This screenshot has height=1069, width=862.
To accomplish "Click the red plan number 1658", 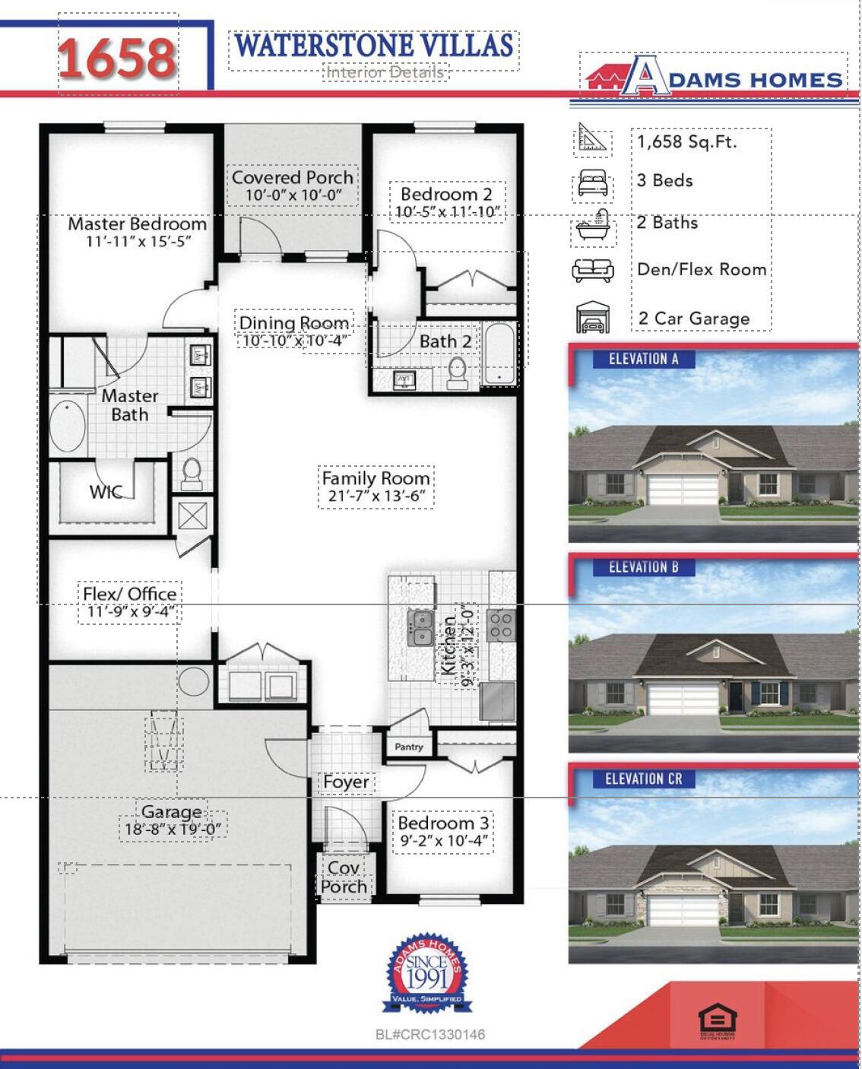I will [x=118, y=58].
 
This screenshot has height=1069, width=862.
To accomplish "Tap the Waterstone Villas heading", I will [x=373, y=46].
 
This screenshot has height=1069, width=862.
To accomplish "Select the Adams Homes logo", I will [x=713, y=78].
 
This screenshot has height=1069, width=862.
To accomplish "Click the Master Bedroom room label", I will [x=137, y=224].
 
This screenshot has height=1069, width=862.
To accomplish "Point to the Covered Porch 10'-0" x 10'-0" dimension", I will [x=293, y=195].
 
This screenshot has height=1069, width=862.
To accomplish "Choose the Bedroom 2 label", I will [x=446, y=195].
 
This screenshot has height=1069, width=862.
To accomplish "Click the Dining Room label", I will [x=294, y=323].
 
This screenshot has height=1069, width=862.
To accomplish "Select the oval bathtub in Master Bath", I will [x=68, y=426].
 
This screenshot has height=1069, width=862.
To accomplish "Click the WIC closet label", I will [x=106, y=492].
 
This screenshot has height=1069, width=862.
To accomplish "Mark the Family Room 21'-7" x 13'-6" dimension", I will [x=376, y=496].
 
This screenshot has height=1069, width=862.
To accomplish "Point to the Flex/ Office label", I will [x=130, y=594].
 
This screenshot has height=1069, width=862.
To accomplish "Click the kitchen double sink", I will [x=420, y=629].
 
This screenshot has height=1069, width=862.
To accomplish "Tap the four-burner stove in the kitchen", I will [x=500, y=625].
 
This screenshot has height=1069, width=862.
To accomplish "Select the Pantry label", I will [x=409, y=747].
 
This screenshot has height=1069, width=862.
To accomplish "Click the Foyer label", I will [x=346, y=782].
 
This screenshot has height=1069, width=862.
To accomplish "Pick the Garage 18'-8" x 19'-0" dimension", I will [x=172, y=829].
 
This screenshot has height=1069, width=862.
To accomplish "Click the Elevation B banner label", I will [x=643, y=567].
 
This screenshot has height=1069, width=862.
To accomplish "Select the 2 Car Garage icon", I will [x=593, y=317].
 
